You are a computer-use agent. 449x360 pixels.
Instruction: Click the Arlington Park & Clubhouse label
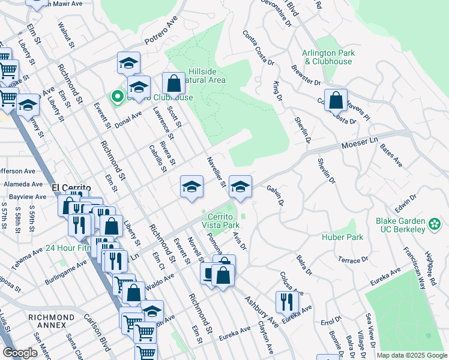328,57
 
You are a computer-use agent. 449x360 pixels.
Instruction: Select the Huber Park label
347,237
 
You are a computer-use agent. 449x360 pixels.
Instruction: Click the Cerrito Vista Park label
223,220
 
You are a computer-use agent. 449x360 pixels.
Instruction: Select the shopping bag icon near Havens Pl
336,100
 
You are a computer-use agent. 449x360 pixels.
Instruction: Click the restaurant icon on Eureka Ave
287,302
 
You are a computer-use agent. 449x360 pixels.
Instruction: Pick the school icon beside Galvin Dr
240,187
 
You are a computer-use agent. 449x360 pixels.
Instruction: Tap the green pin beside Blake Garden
435,225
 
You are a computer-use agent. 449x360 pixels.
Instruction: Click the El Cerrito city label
71,188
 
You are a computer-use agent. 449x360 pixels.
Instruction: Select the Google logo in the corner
20,352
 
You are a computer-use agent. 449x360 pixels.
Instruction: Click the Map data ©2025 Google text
411,355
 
